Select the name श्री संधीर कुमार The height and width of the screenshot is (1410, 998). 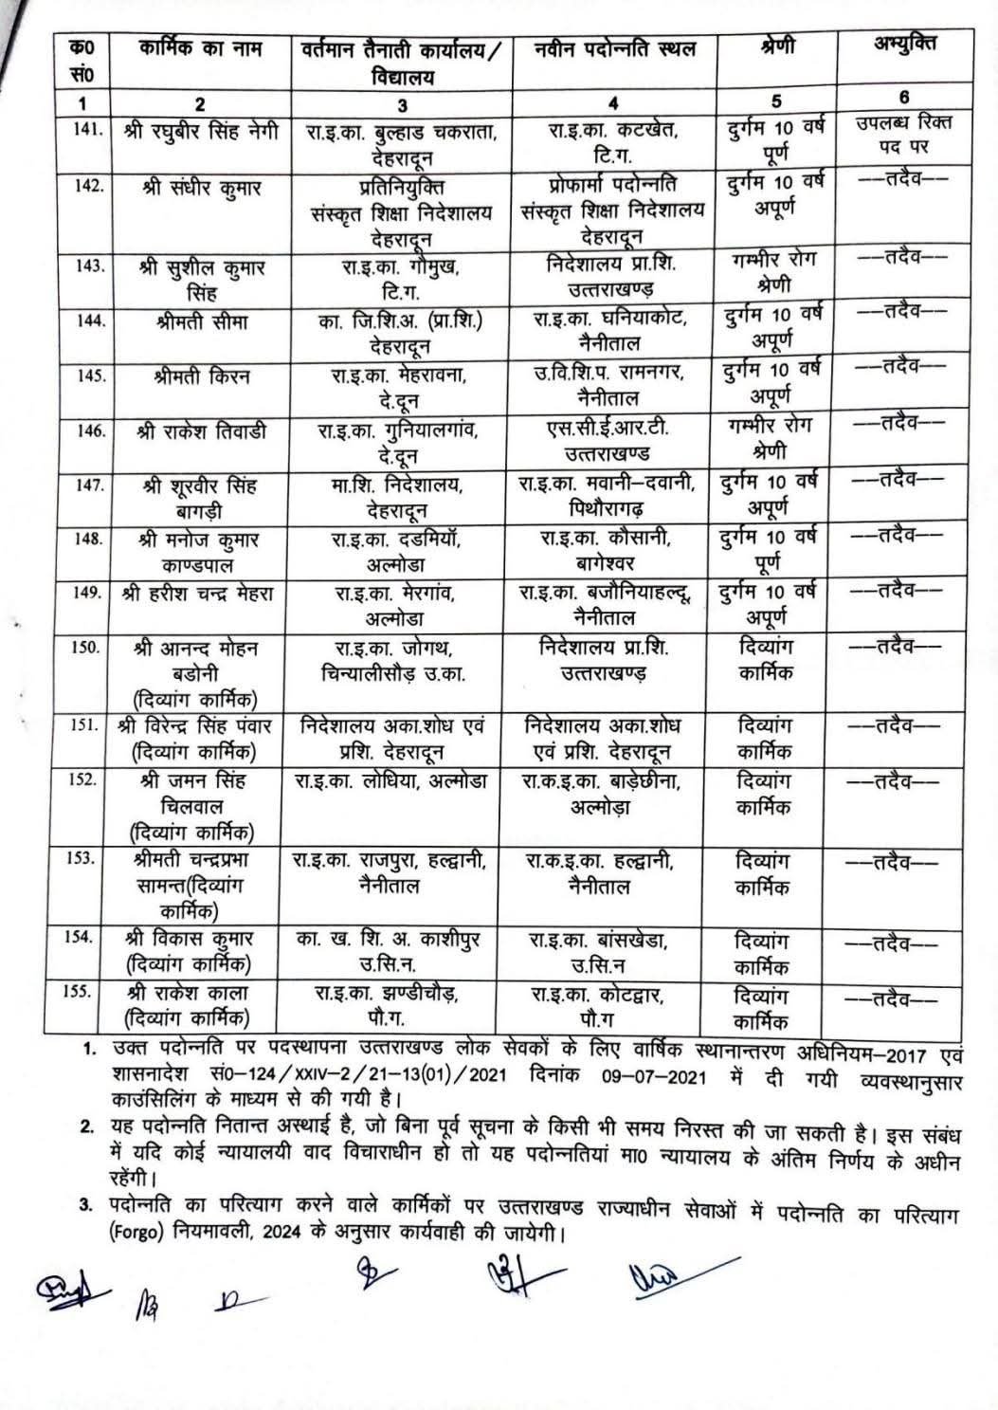[x=198, y=188]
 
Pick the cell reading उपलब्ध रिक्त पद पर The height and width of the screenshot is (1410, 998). [x=901, y=134]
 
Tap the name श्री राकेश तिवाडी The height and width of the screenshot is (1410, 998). [x=201, y=432]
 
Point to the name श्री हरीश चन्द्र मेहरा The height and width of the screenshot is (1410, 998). [x=198, y=595]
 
